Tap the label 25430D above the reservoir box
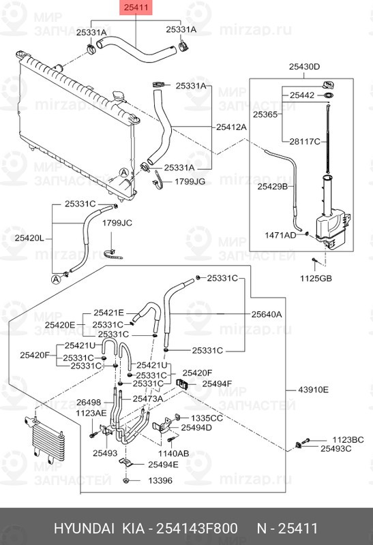(304, 67)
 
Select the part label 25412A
(232, 127)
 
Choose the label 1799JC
(117, 223)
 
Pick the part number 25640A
(266, 314)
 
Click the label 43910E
(313, 390)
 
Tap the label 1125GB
(316, 278)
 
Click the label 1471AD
(280, 235)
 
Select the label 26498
(89, 402)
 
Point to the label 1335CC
(207, 417)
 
